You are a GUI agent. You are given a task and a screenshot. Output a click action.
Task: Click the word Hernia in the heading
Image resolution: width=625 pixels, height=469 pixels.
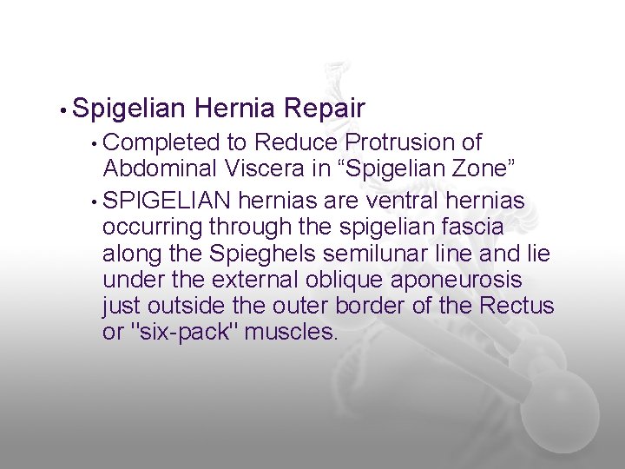coord(235,109)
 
